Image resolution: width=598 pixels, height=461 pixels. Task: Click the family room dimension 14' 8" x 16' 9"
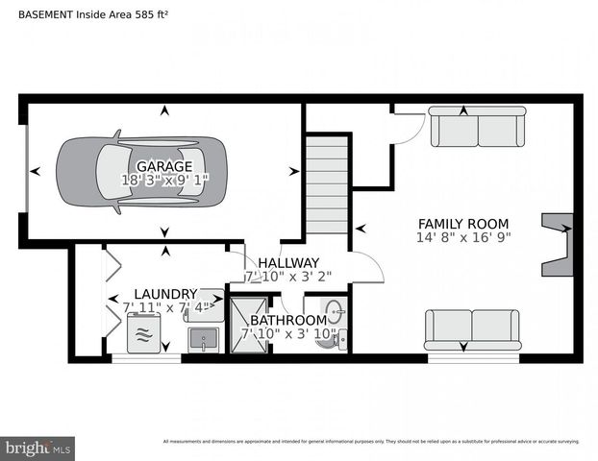tap(463, 237)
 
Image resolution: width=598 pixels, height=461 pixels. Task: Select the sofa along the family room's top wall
tap(477, 127)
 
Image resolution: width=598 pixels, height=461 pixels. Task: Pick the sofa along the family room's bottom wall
tap(472, 330)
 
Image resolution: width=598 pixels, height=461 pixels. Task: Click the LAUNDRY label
tap(165, 294)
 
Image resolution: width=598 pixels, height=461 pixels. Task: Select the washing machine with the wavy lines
tap(144, 333)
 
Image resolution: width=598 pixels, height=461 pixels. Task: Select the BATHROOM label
tap(288, 320)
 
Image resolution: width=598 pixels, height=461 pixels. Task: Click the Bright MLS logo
tap(37, 448)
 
